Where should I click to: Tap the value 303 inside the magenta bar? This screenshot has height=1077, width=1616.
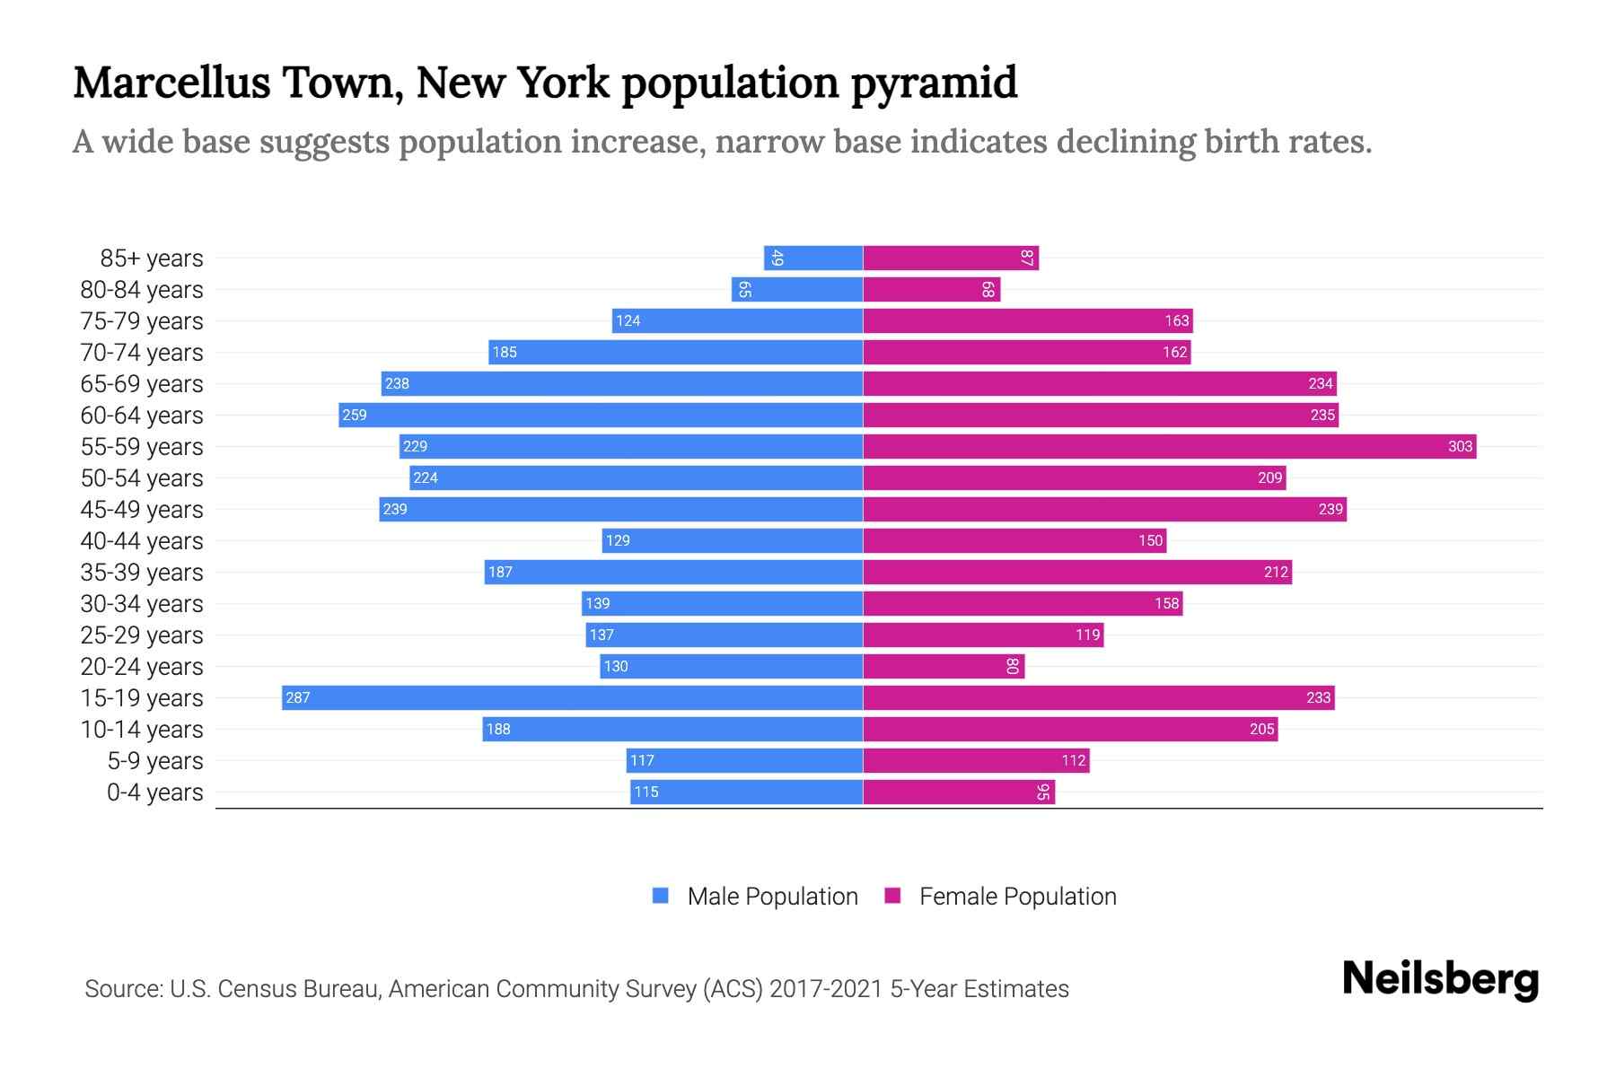click(x=1460, y=446)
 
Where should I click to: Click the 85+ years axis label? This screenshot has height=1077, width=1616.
click(x=152, y=258)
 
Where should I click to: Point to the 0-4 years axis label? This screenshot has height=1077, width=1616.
click(x=154, y=792)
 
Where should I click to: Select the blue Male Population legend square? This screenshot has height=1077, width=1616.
click(x=661, y=896)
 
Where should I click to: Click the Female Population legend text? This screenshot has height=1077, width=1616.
click(x=1017, y=896)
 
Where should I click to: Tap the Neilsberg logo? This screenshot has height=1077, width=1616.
click(x=1440, y=979)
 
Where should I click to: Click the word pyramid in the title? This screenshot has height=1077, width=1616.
click(x=934, y=83)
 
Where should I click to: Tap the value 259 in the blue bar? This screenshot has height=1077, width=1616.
click(x=355, y=415)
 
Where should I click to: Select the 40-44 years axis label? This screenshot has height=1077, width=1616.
click(x=142, y=541)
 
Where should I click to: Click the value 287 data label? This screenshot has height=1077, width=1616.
click(x=298, y=697)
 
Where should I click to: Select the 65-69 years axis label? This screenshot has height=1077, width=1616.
click(x=142, y=384)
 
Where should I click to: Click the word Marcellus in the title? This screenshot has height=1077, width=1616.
click(x=171, y=83)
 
